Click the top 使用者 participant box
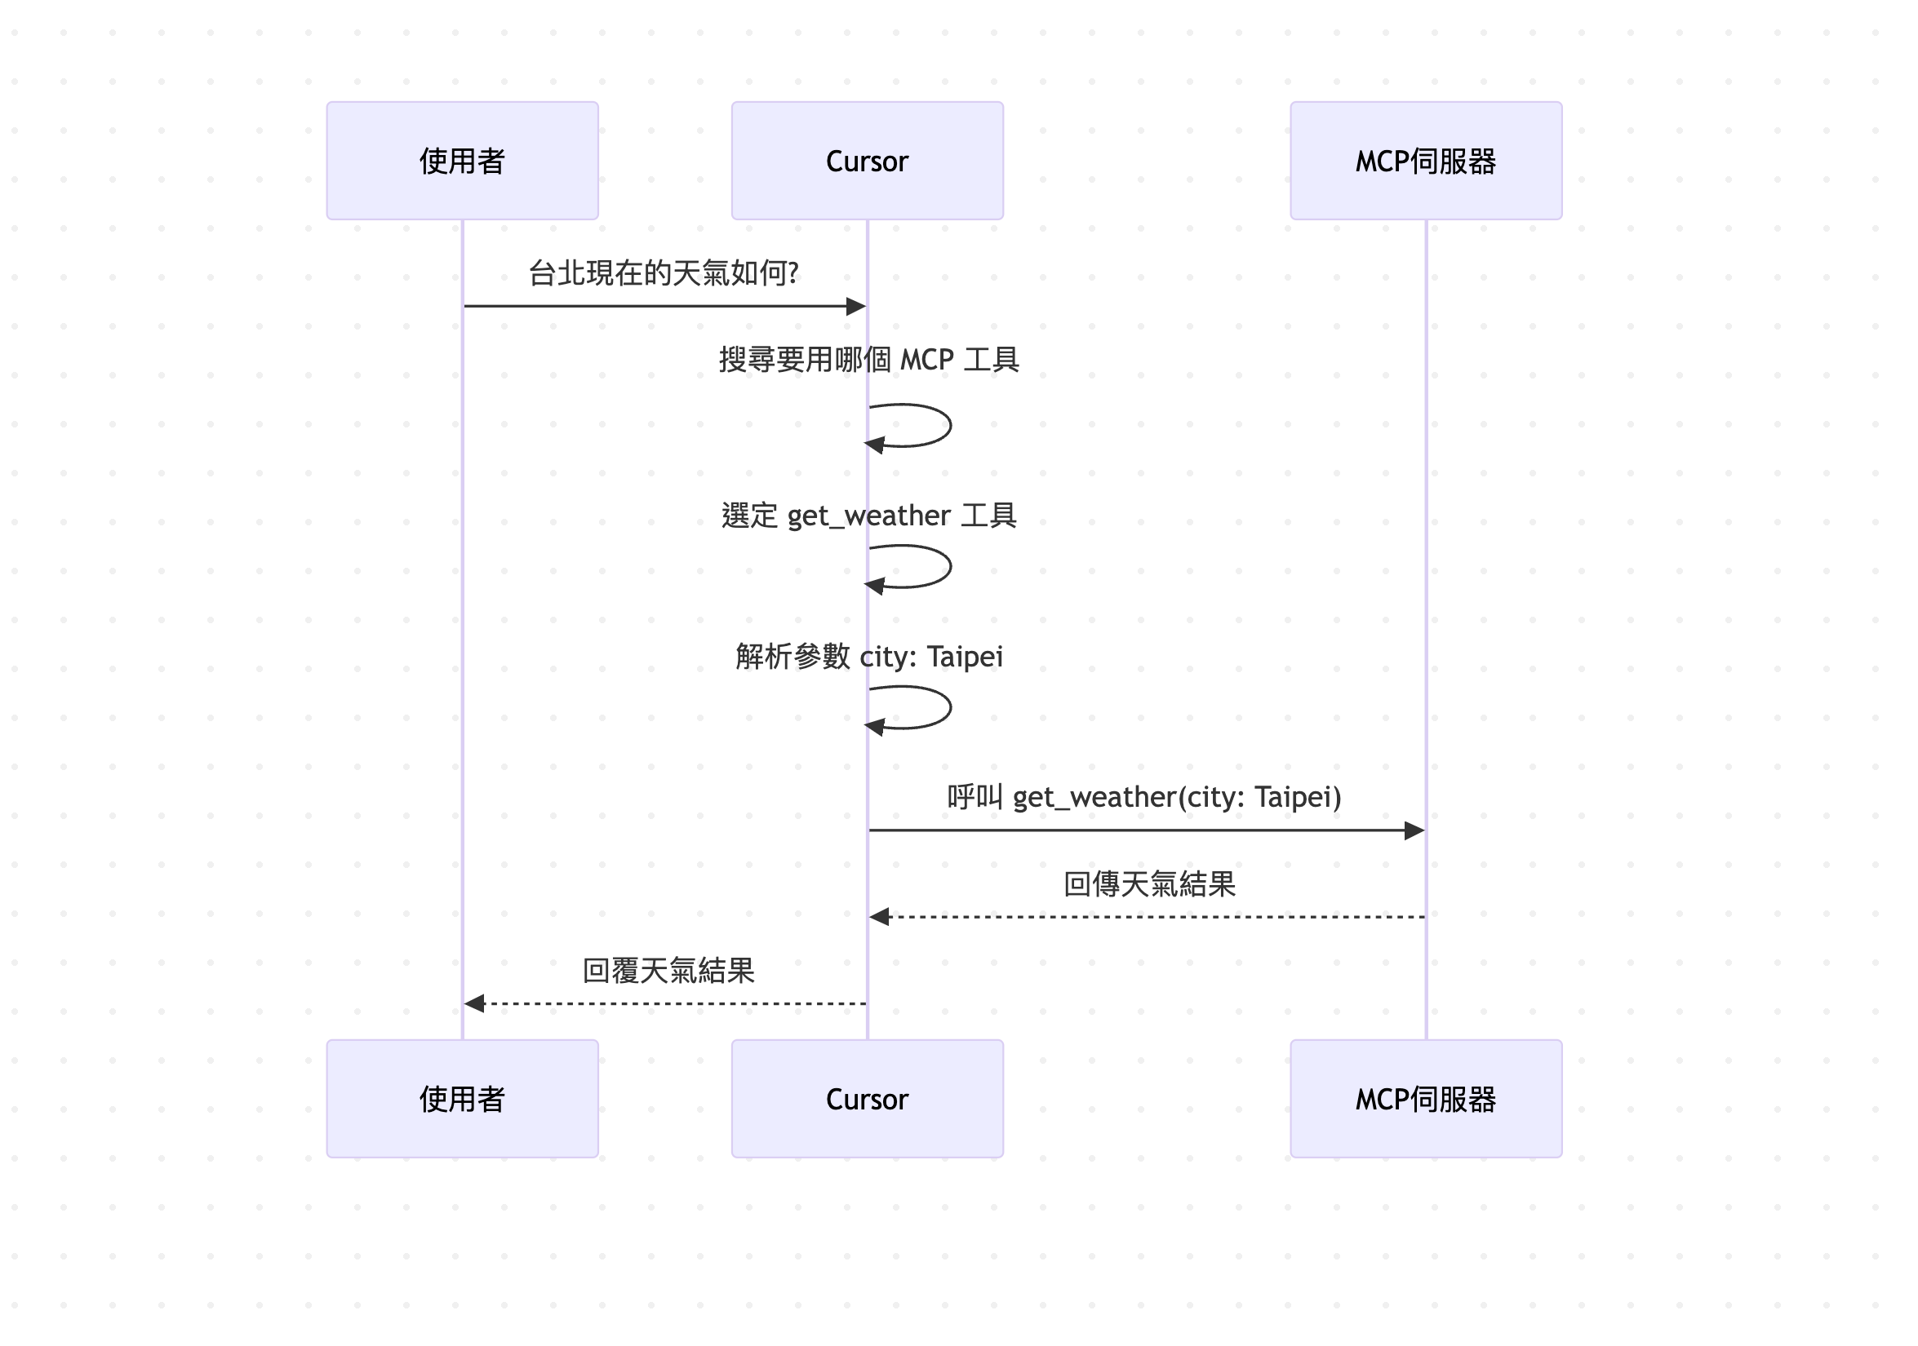(462, 162)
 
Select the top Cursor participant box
(867, 162)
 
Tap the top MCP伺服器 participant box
(1425, 162)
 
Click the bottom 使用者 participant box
(462, 1099)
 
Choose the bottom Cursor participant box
(867, 1099)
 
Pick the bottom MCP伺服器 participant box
(1425, 1099)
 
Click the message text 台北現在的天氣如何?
(664, 273)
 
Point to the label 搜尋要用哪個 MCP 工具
(868, 360)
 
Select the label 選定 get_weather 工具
(868, 516)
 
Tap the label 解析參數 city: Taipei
(868, 657)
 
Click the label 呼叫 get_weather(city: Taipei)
(1144, 796)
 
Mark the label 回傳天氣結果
(1148, 883)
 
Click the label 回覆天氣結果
(668, 970)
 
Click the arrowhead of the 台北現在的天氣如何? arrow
(855, 307)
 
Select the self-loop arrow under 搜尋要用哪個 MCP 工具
(949, 426)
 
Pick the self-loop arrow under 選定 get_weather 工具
(949, 567)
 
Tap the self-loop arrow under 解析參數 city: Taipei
(949, 708)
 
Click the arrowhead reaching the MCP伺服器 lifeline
(1414, 830)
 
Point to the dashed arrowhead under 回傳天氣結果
(880, 917)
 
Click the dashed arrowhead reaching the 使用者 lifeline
(474, 1003)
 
